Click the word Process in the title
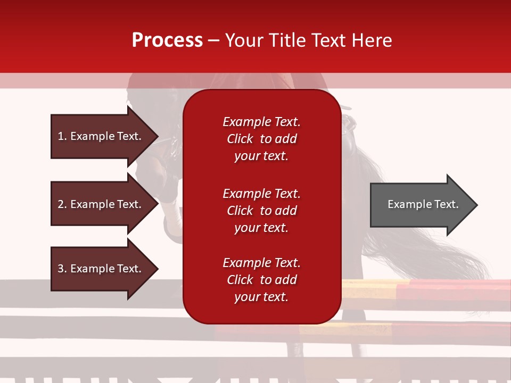click(167, 40)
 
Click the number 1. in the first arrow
click(62, 136)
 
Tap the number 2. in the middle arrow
click(62, 204)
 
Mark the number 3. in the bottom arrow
click(62, 269)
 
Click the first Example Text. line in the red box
click(261, 122)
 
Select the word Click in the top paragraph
click(240, 139)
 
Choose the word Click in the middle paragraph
click(240, 211)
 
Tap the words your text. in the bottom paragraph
click(261, 297)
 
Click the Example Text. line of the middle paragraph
click(261, 194)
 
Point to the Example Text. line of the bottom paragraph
click(261, 263)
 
